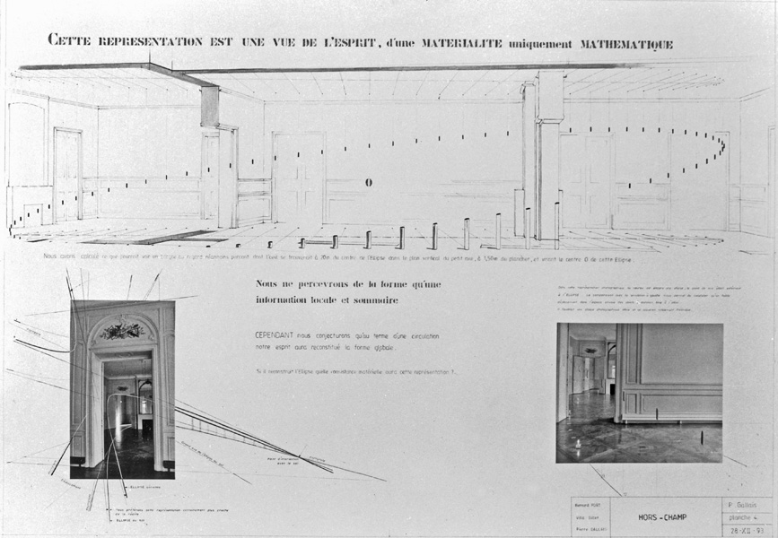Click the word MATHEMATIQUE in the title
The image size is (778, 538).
(x=621, y=42)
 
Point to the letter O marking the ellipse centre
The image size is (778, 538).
(x=368, y=183)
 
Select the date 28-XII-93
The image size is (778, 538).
(x=747, y=529)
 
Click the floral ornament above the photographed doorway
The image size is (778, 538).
(x=122, y=332)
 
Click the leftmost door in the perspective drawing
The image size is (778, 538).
(x=67, y=175)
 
